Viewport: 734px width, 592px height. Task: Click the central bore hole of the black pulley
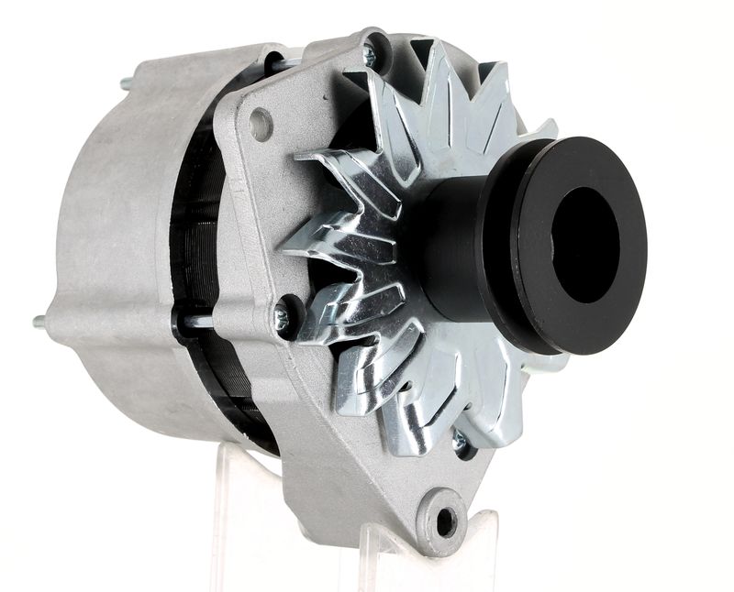coord(585,245)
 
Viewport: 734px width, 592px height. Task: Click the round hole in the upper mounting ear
coord(261,124)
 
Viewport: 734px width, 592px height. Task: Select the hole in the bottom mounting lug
coord(446,521)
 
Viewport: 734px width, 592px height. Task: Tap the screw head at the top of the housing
coord(370,55)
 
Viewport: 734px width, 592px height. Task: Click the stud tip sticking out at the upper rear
coord(125,84)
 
